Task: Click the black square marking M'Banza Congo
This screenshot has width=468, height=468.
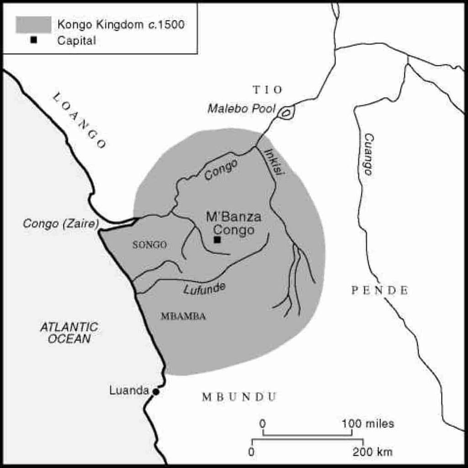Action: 217,239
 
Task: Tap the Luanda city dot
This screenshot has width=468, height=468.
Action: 156,392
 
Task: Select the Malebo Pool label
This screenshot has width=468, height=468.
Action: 241,109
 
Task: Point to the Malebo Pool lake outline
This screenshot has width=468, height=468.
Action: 286,112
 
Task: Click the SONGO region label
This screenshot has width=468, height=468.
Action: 149,245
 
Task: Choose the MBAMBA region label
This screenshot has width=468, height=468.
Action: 183,316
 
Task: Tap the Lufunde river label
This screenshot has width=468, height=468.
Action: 204,288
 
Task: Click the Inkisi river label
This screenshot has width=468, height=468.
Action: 272,162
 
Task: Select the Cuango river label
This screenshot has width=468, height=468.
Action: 368,154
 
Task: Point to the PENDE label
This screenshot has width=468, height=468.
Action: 379,290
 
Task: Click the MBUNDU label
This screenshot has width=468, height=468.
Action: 239,397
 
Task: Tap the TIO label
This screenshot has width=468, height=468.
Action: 267,89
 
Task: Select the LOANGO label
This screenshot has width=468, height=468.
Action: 80,120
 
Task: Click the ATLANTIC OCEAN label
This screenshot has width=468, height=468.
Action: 69,333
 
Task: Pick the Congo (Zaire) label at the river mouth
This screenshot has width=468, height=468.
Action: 61,223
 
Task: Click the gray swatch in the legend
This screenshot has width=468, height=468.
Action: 33,25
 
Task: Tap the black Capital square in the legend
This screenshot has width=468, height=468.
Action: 33,40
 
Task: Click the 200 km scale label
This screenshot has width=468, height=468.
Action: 372,452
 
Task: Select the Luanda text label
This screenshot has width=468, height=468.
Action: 129,391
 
